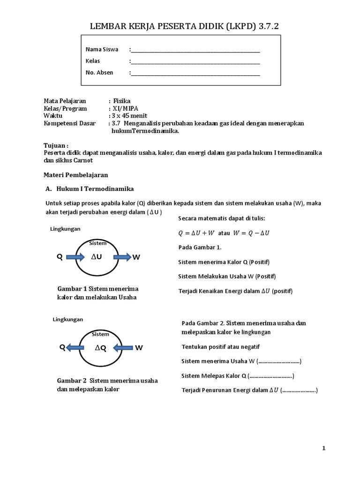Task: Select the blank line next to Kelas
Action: (x=195, y=61)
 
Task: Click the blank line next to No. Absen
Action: (x=195, y=73)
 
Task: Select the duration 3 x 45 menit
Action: (x=128, y=116)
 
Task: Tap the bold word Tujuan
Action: (x=56, y=146)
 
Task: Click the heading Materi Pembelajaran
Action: (x=76, y=175)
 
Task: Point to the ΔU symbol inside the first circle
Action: (x=97, y=257)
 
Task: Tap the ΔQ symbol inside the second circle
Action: (x=100, y=348)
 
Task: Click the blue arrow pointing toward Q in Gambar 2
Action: (x=75, y=348)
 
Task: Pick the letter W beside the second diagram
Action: (x=139, y=348)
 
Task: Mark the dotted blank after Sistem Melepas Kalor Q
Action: (x=270, y=376)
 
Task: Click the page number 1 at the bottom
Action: (x=323, y=449)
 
